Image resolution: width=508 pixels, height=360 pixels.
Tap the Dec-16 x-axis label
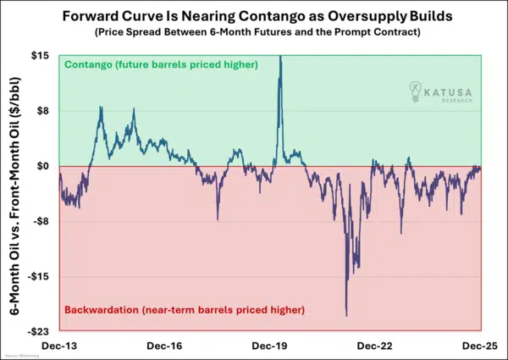coord(166,346)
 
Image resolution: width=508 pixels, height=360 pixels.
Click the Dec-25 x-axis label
coord(462,346)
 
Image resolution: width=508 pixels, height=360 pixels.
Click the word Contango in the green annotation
coord(89,64)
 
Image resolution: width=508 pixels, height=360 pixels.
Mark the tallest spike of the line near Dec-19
coord(280,57)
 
